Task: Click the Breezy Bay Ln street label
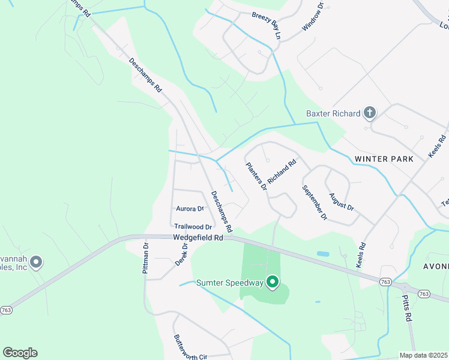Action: point(267,25)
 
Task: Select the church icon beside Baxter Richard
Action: point(370,113)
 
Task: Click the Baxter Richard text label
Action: point(333,113)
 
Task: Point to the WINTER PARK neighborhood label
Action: point(384,159)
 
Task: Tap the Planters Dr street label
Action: point(256,176)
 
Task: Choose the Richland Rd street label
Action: point(282,171)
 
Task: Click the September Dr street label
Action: point(315,202)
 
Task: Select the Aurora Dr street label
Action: point(190,209)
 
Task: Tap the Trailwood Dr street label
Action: point(193,227)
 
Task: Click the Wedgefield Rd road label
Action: point(198,238)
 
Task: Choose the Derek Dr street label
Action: point(182,255)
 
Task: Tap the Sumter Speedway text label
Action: point(230,283)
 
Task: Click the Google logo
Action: point(20,353)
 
